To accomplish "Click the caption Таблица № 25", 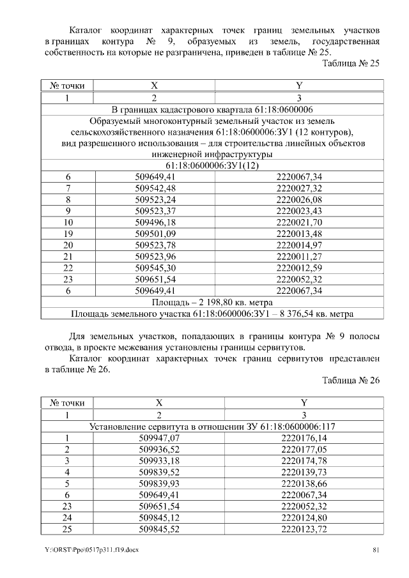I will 351,64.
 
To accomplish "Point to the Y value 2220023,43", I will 299,211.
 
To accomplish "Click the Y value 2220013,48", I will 299,234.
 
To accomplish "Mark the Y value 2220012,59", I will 299,268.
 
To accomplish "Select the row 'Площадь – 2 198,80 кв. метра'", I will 212,301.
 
